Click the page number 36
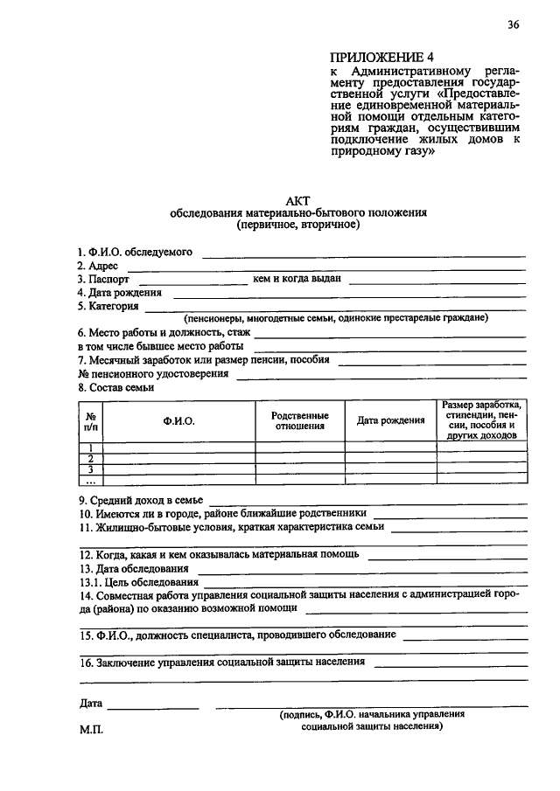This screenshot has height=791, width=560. (513, 24)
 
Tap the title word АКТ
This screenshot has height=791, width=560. (298, 199)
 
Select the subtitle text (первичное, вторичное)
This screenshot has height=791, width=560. (297, 225)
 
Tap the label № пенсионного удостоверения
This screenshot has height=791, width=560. (153, 373)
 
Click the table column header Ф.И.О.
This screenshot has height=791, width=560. (178, 420)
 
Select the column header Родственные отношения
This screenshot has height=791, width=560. (299, 420)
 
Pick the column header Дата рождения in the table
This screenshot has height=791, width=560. (390, 420)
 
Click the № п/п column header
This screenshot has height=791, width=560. (90, 420)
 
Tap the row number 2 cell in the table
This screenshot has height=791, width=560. (90, 458)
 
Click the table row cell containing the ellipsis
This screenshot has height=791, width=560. (90, 480)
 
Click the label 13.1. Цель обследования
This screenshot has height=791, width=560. (137, 581)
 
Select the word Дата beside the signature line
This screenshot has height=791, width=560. (90, 703)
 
